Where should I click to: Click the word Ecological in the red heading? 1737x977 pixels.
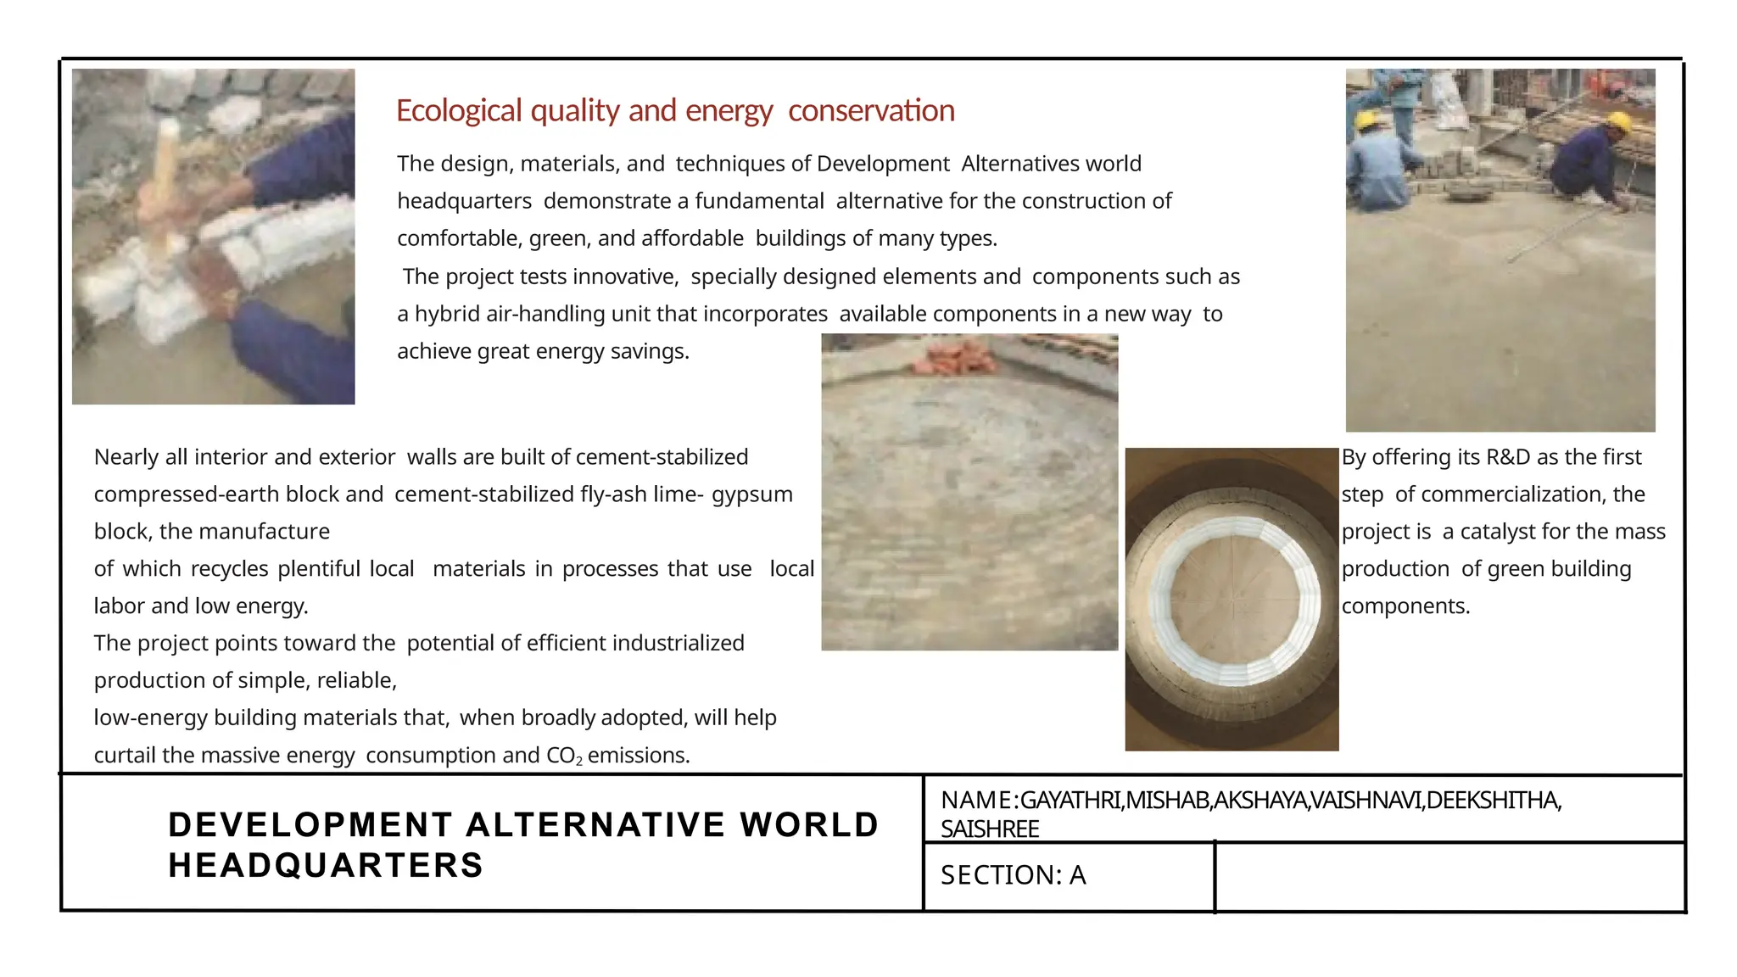tap(459, 111)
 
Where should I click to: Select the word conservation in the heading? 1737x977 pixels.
tap(871, 111)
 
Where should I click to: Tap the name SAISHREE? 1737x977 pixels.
tap(989, 829)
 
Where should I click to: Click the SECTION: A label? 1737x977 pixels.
tap(1013, 875)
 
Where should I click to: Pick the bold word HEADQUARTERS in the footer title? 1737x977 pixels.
tap(326, 866)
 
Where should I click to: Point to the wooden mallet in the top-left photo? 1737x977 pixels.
tap(168, 174)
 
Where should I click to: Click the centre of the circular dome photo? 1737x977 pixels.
tap(1232, 599)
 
